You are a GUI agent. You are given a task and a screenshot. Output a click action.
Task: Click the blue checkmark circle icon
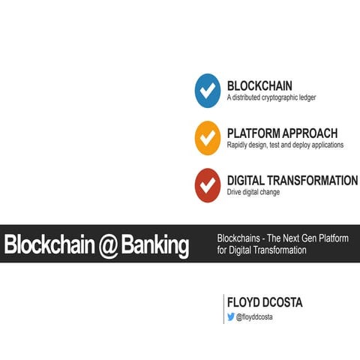[x=207, y=91]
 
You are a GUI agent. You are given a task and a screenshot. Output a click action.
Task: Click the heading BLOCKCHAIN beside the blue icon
[x=259, y=85]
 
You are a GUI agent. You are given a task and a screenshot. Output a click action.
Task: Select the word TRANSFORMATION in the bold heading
[x=313, y=181]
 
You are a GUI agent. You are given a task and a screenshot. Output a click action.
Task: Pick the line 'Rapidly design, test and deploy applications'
[x=285, y=145]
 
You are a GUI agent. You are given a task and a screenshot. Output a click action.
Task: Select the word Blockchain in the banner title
[x=48, y=246]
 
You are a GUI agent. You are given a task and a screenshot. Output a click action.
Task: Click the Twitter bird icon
[x=230, y=317]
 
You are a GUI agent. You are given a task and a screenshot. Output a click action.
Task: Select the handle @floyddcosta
[x=258, y=318]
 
